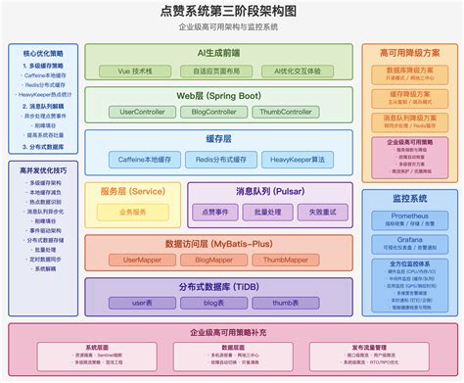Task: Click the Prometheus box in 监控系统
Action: (409, 218)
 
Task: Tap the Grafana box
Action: (409, 243)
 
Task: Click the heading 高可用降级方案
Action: (409, 52)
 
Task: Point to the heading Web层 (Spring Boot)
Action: (218, 95)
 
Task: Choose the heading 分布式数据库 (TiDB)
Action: (218, 286)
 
